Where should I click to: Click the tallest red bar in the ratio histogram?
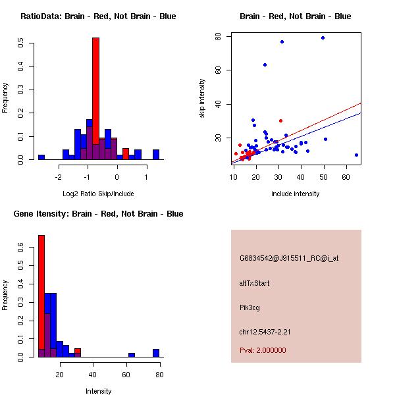click(95, 99)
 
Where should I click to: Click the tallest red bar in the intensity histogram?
click(41, 296)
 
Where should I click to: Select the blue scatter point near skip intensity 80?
click(323, 38)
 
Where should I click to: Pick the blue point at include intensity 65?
click(356, 155)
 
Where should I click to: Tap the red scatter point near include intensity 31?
click(280, 120)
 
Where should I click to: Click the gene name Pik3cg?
click(251, 307)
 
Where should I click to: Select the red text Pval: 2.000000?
click(263, 350)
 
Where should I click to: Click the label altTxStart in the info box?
click(254, 283)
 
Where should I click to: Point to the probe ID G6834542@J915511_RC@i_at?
click(289, 259)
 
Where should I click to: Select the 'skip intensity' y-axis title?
click(202, 99)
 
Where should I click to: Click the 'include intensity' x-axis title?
click(296, 194)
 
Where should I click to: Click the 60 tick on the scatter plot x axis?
click(346, 176)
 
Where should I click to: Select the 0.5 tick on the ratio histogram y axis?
click(22, 43)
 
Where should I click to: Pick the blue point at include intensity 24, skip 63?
click(265, 65)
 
